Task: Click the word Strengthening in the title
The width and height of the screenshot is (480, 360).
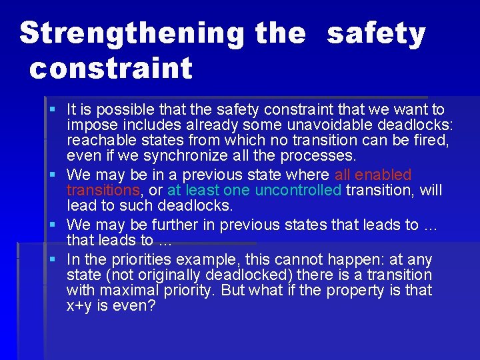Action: coord(132,33)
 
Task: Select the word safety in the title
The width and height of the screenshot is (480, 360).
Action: coord(376,33)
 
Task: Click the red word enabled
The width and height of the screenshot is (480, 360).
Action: coord(383,175)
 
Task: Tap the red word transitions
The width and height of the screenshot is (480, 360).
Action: coord(103,191)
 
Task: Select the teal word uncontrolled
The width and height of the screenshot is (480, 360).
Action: coord(298,191)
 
